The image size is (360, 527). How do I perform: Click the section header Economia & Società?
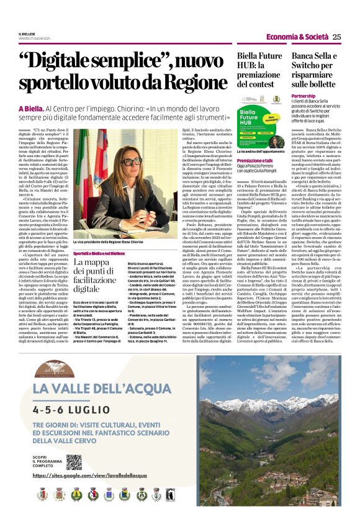(x=305, y=37)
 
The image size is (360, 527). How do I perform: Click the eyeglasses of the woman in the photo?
(x=130, y=162)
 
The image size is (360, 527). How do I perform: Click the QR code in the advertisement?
(x=74, y=462)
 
